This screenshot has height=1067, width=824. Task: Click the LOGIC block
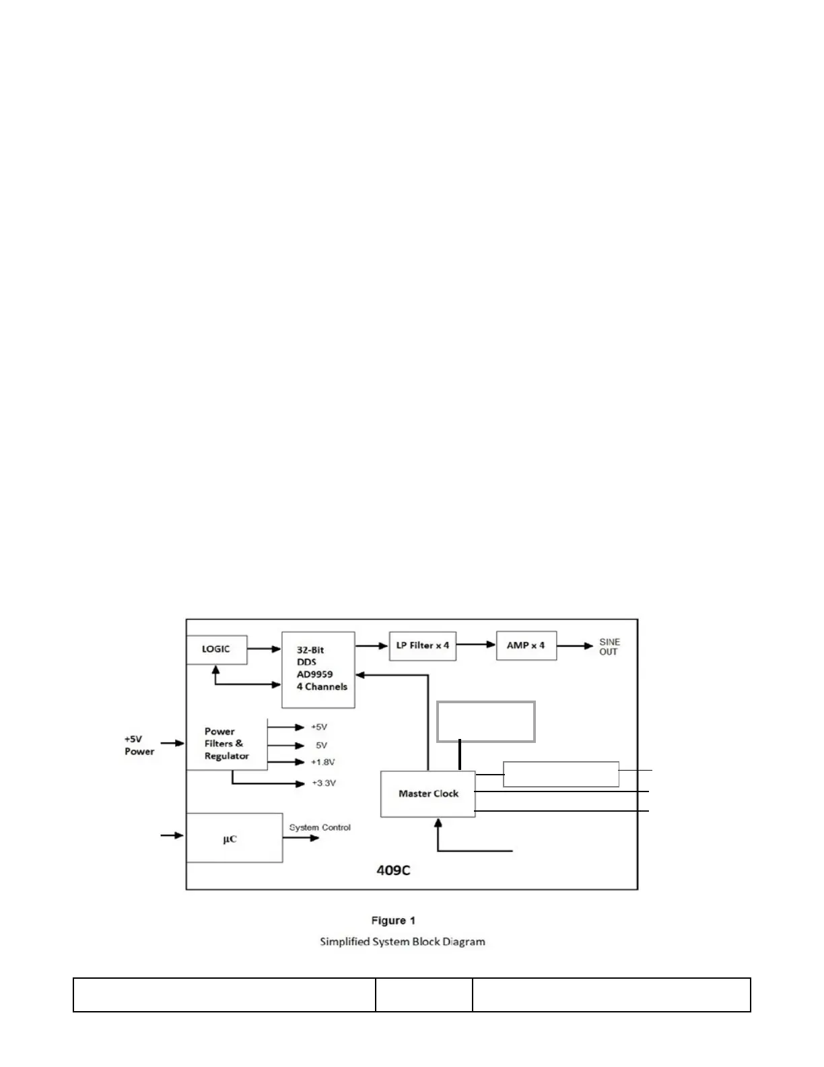click(216, 649)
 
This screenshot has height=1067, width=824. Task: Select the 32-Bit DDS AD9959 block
click(318, 670)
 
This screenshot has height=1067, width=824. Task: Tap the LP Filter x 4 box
click(422, 645)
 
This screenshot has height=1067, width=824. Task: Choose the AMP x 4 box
click(526, 645)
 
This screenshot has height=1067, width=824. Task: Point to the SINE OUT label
click(609, 647)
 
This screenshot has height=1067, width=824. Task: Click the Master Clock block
click(427, 794)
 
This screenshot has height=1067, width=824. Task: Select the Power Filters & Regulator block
click(226, 744)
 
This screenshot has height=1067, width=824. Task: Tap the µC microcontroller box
click(234, 838)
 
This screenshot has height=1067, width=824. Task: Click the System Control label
click(320, 827)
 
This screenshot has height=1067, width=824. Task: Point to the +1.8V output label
click(322, 762)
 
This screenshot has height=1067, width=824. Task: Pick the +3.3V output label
click(323, 783)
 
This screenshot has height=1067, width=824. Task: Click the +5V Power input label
click(139, 745)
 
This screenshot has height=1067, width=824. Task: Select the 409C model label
click(393, 870)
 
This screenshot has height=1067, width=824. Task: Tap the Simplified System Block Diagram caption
click(402, 941)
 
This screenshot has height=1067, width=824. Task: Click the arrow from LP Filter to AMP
click(476, 645)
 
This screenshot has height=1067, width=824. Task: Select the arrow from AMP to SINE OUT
click(575, 646)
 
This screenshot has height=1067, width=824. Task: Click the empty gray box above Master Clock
click(486, 721)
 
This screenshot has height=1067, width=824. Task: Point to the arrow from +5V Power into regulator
click(172, 743)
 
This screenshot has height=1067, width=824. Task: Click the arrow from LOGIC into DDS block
click(264, 649)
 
